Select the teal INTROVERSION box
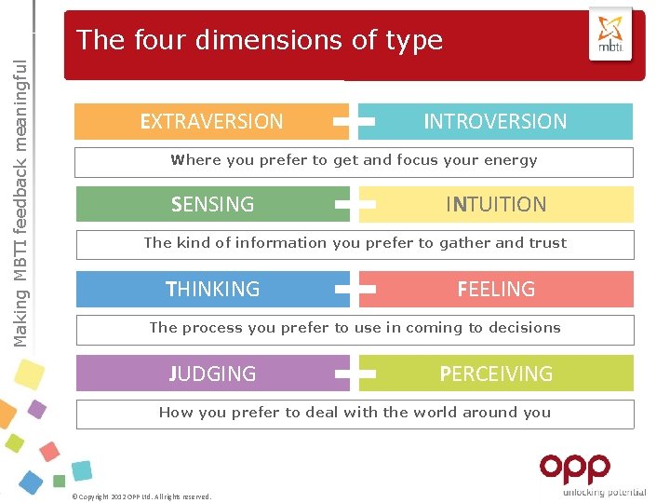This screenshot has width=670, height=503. tap(495, 121)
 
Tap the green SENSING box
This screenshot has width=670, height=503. tap(212, 204)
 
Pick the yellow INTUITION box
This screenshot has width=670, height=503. tap(496, 204)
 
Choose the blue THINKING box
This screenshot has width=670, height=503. tap(212, 289)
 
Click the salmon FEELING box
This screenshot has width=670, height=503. tap(496, 289)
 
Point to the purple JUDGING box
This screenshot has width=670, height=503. tap(212, 374)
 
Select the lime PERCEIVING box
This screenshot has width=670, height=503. tap(496, 374)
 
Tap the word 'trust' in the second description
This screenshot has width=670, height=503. tap(547, 243)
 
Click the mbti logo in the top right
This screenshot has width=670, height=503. tap(610, 34)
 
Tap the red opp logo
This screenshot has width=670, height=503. tap(574, 468)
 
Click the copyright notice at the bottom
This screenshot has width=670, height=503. tap(141, 496)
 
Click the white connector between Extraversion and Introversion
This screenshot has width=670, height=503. tap(354, 121)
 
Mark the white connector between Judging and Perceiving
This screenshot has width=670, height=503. tap(355, 374)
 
